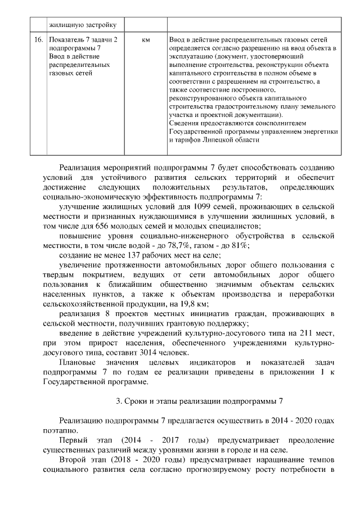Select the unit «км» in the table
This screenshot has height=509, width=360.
(x=146, y=40)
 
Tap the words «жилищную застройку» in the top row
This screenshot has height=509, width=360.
(x=82, y=25)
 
